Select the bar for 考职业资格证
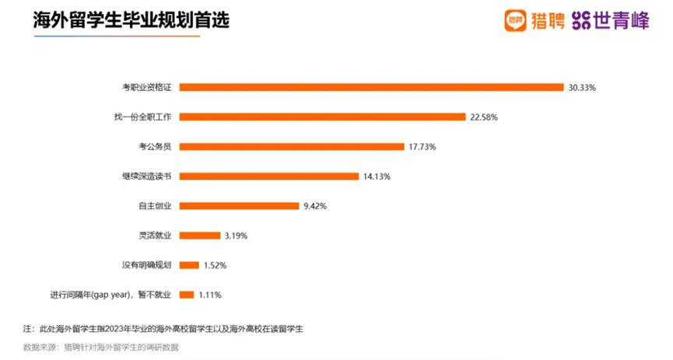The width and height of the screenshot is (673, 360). pos(371,87)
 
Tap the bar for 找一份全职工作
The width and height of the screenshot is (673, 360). pos(322,117)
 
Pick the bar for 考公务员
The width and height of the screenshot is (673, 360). pos(292,146)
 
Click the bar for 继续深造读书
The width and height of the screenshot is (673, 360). pos(269,176)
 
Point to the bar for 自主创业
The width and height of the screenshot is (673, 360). pos(240,205)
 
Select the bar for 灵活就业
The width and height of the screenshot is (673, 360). pos(199,235)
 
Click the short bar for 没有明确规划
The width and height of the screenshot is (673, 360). pos(189,265)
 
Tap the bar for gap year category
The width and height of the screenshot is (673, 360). pos(187,295)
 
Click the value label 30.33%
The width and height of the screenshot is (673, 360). pos(582,88)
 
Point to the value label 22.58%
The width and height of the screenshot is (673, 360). pos(483,117)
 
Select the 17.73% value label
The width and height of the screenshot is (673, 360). pos(422,147)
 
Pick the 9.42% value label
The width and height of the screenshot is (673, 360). pos(315,206)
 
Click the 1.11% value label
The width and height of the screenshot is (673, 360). pos(211,295)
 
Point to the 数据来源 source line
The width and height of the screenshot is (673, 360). pos(101,347)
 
